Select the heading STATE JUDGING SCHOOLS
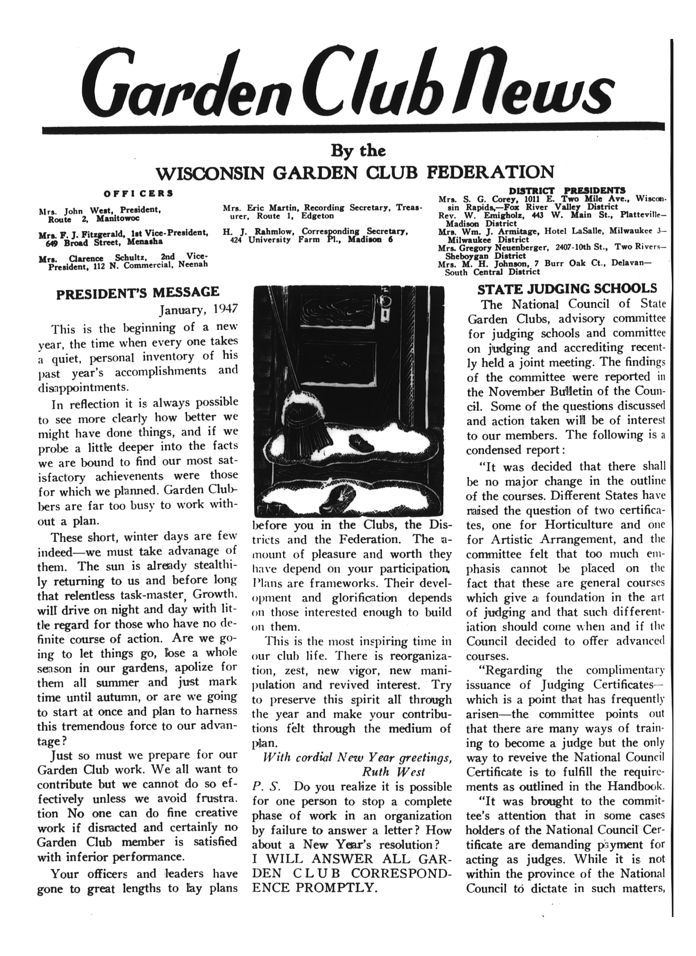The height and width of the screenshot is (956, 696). [x=567, y=289]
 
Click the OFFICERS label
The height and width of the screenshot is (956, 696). [x=138, y=194]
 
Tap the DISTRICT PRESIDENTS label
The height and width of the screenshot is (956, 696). [x=567, y=191]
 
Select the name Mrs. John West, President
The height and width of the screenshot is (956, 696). [x=99, y=210]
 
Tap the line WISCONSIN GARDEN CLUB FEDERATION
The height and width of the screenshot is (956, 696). [x=354, y=172]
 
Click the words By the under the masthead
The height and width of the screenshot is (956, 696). [x=358, y=151]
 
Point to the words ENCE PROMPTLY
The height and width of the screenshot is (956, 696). [x=314, y=887]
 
